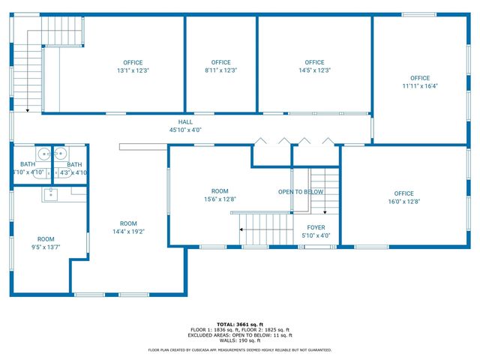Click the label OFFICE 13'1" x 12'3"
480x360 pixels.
point(133,63)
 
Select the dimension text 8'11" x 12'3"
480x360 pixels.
point(220,70)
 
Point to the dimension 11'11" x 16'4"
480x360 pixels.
point(419,85)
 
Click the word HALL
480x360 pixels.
point(185,122)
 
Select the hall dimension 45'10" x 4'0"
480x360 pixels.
point(185,130)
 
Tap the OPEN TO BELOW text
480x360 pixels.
point(301,192)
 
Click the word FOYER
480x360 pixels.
point(316,227)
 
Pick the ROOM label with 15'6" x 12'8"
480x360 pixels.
point(219,191)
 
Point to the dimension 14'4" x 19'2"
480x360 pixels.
point(128,232)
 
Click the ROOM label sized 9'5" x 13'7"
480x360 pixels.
point(46,239)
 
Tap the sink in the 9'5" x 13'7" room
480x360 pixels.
point(50,195)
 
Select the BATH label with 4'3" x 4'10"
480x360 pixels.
point(74,165)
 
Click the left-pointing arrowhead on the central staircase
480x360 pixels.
point(241,230)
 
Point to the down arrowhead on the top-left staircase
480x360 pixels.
point(27,110)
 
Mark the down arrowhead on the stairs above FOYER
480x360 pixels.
point(325,212)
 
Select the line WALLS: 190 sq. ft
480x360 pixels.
point(239,340)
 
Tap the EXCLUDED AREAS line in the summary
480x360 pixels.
point(239,335)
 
